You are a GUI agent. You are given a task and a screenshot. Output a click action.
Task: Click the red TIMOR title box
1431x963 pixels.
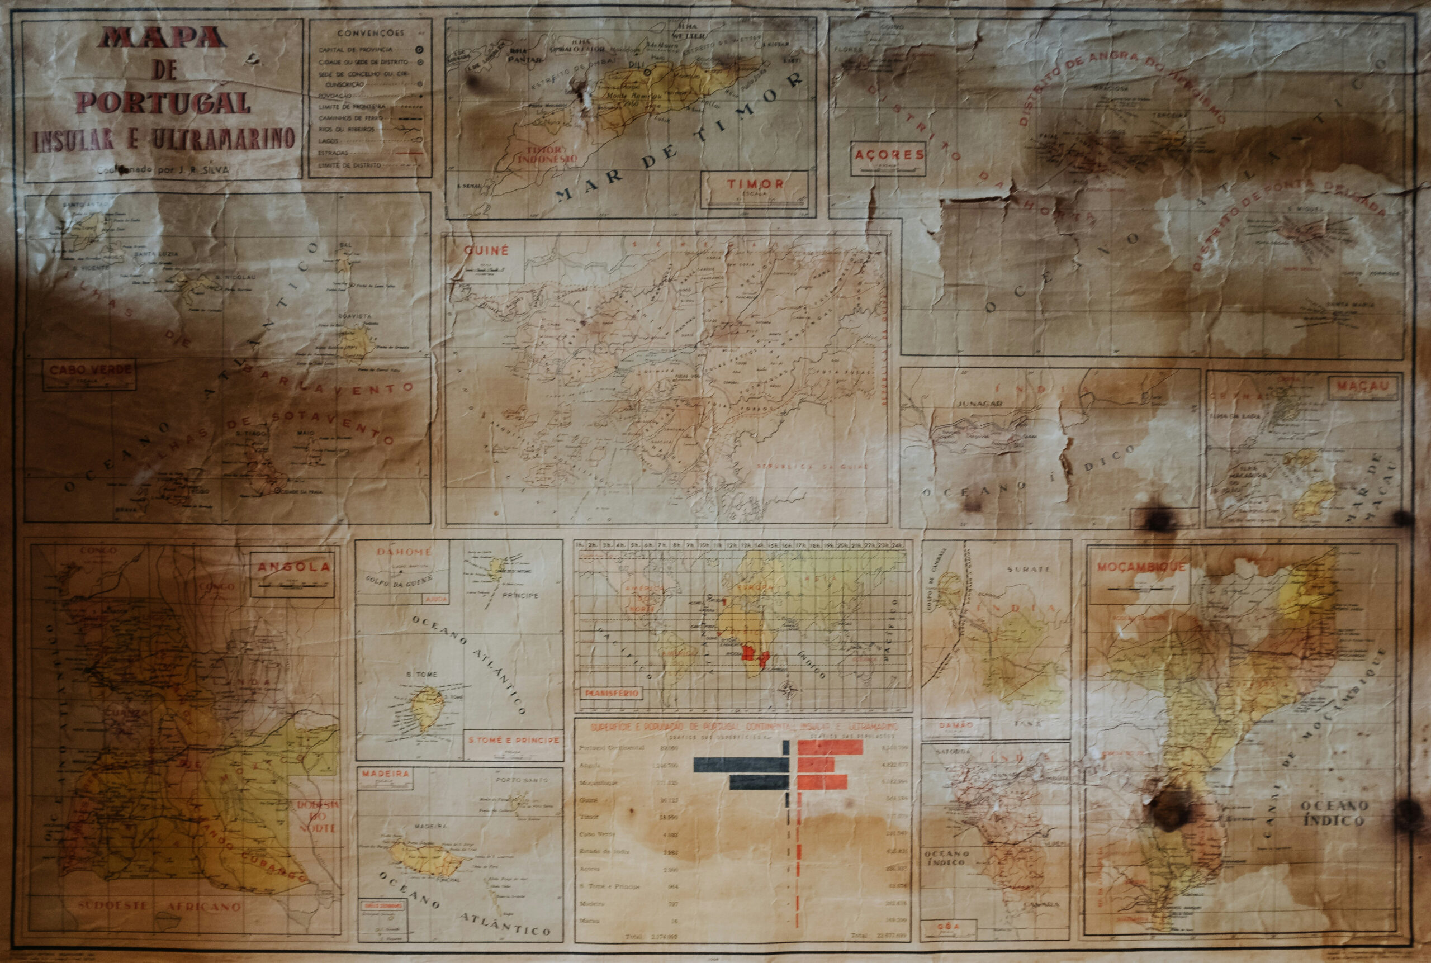[x=755, y=184]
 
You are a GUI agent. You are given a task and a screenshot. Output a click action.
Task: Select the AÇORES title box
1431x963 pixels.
[x=889, y=155]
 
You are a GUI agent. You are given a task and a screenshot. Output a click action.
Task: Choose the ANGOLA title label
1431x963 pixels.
[x=293, y=567]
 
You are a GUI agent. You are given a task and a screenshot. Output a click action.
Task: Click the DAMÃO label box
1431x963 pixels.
[x=956, y=725]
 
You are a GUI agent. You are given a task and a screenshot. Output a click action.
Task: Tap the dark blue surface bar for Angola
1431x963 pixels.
[x=741, y=765]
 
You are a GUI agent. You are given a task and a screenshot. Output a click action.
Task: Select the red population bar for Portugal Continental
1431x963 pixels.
[x=830, y=747]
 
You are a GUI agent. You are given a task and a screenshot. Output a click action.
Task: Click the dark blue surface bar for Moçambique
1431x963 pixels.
[x=759, y=782]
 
